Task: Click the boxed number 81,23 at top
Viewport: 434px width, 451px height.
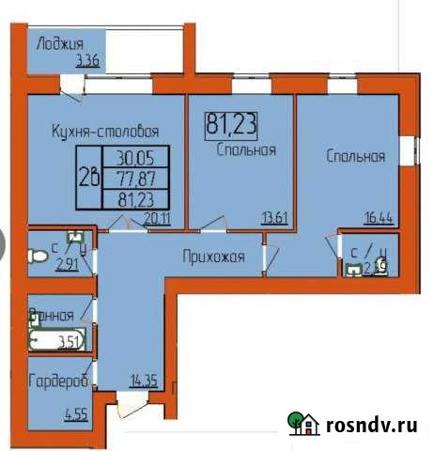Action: (x=230, y=123)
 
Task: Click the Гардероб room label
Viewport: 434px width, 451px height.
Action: (x=58, y=381)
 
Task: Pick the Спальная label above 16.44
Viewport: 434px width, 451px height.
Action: (x=356, y=157)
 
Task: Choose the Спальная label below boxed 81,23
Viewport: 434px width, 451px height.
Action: (x=244, y=148)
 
